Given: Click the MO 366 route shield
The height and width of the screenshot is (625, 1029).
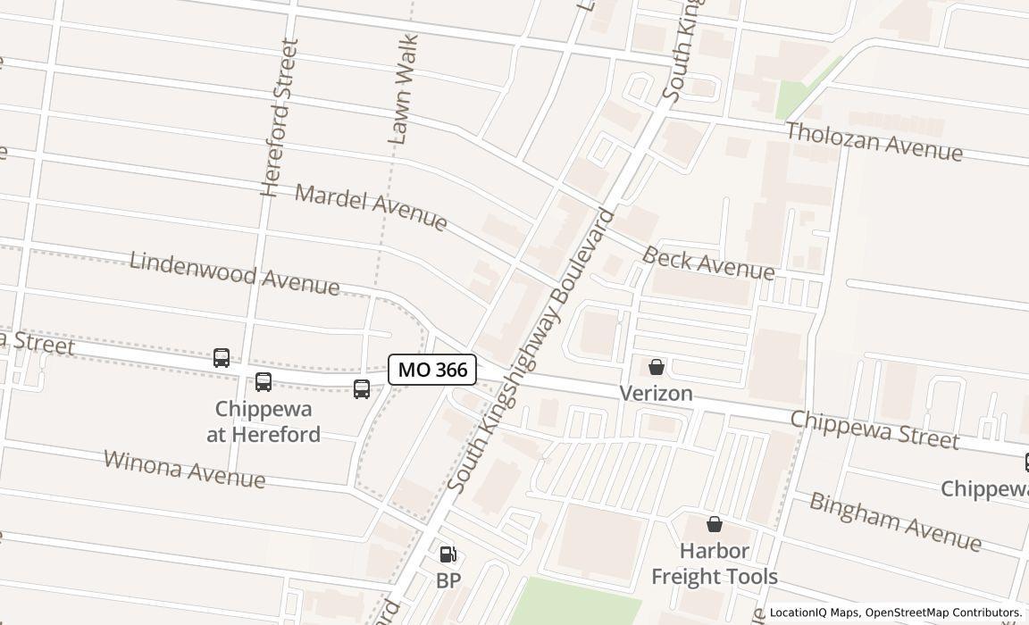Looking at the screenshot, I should [x=432, y=370].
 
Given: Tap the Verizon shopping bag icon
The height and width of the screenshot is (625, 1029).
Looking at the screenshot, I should [x=657, y=367].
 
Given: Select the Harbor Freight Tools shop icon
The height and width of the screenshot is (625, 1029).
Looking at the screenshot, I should [x=715, y=524].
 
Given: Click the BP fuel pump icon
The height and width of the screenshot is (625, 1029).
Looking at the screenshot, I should [x=448, y=555].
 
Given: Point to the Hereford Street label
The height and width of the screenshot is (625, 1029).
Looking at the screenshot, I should [x=280, y=117].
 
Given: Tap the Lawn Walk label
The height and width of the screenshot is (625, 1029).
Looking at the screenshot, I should [x=403, y=89].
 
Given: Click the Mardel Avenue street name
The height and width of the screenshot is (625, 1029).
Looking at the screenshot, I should [x=371, y=207].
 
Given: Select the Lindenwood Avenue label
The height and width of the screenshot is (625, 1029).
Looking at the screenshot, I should [x=234, y=273].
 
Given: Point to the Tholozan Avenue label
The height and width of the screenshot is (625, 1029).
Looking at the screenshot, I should [x=874, y=142].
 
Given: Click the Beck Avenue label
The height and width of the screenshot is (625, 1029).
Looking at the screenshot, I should [x=708, y=262].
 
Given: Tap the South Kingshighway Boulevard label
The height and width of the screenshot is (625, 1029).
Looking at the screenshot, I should [x=531, y=351].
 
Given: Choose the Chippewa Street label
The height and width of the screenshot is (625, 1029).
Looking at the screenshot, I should [x=874, y=430].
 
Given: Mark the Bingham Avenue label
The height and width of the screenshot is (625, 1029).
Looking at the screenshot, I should [x=895, y=521].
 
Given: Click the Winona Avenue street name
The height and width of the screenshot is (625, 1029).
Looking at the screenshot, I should [x=184, y=469].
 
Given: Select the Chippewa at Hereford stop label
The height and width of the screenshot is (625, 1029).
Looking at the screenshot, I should [x=264, y=421].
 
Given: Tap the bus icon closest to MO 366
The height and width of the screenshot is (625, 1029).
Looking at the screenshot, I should [x=362, y=389].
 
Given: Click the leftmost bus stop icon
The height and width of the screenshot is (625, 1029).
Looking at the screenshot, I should [x=222, y=358].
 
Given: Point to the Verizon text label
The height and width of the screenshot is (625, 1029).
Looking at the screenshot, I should [x=657, y=394].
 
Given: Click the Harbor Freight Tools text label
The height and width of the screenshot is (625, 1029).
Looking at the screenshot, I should [x=715, y=563].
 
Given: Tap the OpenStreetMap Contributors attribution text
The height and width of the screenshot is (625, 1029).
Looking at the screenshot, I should [x=942, y=612].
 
